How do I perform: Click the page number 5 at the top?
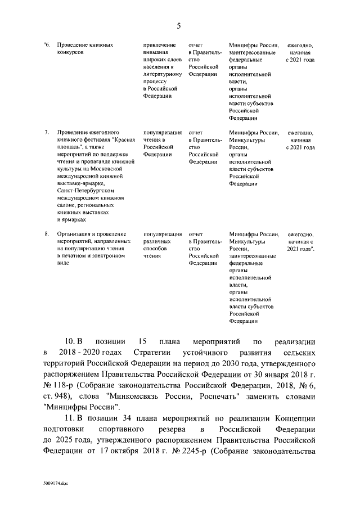click(179, 25)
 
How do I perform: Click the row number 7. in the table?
click(46, 133)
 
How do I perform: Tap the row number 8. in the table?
click(46, 234)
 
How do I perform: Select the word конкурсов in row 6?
click(70, 52)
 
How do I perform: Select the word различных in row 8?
click(156, 241)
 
